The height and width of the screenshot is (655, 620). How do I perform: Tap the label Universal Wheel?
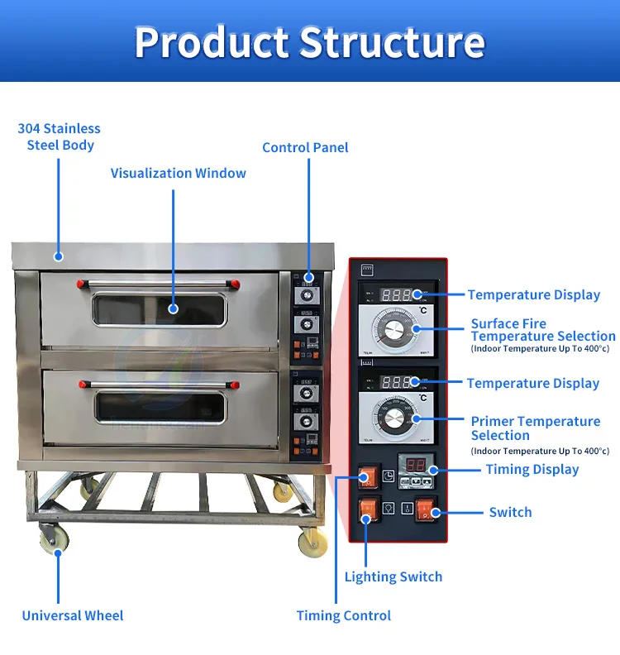[73, 615]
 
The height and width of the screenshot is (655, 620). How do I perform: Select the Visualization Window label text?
[179, 173]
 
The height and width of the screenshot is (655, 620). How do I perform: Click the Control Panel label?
[305, 147]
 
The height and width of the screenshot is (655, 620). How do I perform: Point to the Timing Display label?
[532, 469]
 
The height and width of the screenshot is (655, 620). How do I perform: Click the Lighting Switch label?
[393, 576]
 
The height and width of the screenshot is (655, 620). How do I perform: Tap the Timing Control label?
[344, 615]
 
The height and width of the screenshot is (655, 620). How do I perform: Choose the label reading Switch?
[510, 512]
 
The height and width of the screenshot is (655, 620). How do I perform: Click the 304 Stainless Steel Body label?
[60, 136]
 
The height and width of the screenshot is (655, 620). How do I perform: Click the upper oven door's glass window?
[160, 308]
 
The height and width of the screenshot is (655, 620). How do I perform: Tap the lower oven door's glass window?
[160, 406]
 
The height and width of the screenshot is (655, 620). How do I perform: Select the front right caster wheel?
[312, 543]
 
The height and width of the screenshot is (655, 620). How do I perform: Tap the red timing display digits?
[412, 466]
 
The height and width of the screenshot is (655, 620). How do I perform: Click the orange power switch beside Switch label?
[426, 511]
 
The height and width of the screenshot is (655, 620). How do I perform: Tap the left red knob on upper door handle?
[81, 284]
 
